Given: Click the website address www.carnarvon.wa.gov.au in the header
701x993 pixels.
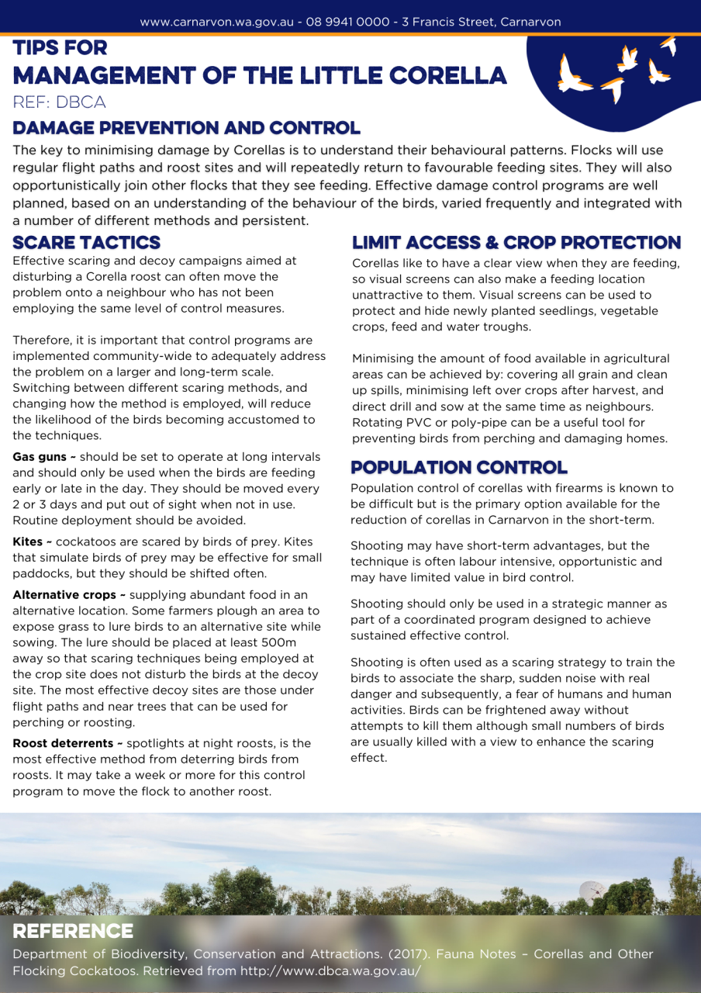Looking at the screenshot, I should coord(216,22).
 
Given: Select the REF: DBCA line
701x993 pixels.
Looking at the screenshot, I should coord(59,102).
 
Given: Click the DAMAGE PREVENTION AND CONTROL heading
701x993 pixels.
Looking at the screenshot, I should coord(186,128).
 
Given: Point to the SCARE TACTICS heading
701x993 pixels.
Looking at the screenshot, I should coord(86,243).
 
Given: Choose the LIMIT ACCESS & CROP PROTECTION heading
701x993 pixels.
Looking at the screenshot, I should coord(516,243).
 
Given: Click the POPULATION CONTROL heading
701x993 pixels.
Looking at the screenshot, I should coord(458,468).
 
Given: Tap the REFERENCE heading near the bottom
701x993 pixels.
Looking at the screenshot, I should coord(73,931).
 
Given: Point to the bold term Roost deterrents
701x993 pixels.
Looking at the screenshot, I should coord(62,743).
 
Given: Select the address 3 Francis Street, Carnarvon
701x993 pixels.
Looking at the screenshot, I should coord(481,22).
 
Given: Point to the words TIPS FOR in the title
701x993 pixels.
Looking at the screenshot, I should coord(60,48).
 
